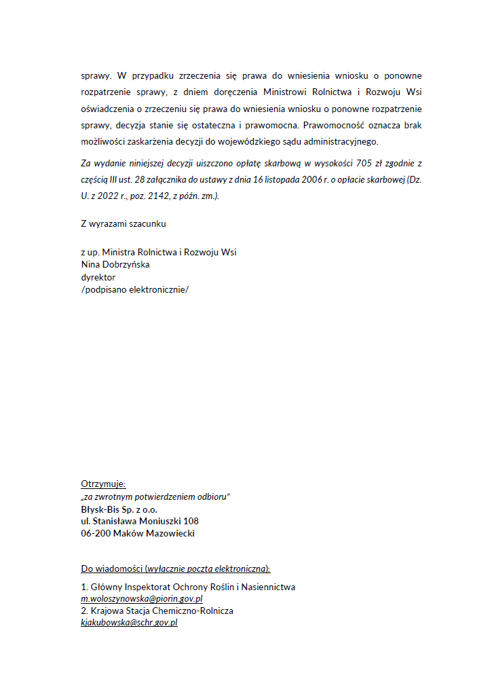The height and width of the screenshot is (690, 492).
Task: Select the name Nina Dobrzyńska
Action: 115,265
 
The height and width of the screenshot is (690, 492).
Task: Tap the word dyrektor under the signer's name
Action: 98,277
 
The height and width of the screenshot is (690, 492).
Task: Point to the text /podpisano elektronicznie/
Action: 135,289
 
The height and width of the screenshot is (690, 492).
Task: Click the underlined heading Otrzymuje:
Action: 103,484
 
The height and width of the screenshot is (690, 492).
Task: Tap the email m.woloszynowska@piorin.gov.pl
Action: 142,600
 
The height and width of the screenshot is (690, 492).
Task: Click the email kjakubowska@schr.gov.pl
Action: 129,623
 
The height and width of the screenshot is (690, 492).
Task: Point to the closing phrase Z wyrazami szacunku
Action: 124,223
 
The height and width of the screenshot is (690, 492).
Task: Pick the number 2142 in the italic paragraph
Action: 166,196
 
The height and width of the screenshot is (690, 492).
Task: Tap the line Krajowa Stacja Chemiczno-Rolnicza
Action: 162,611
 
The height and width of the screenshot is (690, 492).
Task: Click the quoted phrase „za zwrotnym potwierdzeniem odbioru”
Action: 155,496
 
